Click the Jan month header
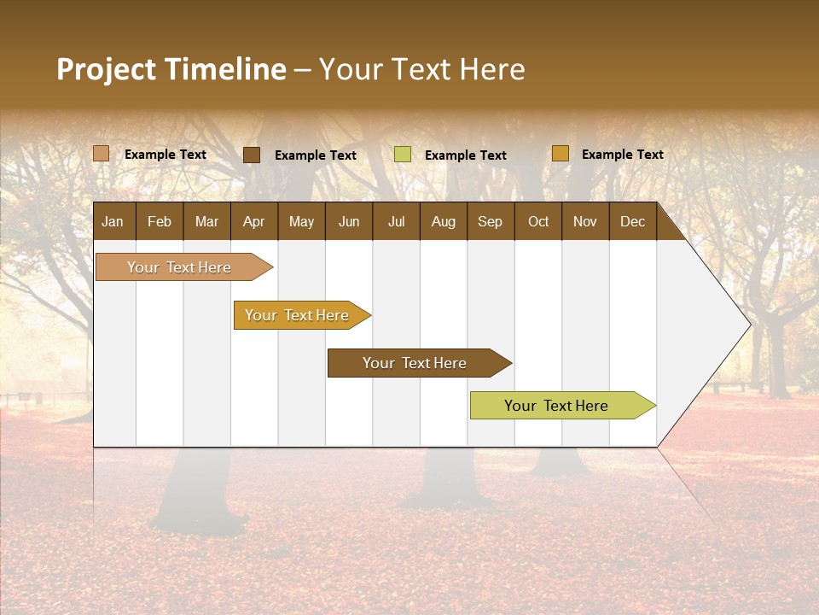click(x=113, y=222)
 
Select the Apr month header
click(x=253, y=222)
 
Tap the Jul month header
click(x=396, y=222)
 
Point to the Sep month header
click(x=490, y=222)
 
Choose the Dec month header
click(x=632, y=222)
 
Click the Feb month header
click(x=160, y=222)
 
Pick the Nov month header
click(x=584, y=222)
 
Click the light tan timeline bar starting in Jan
click(x=179, y=267)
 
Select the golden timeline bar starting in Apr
click(x=297, y=315)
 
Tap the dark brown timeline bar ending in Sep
click(x=415, y=363)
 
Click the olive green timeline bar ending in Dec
click(x=556, y=406)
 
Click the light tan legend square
click(x=102, y=154)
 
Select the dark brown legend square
click(x=252, y=155)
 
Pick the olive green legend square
click(x=403, y=155)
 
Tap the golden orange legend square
click(x=561, y=154)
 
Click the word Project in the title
click(x=106, y=69)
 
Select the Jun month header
click(x=349, y=222)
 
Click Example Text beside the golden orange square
click(x=622, y=155)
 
